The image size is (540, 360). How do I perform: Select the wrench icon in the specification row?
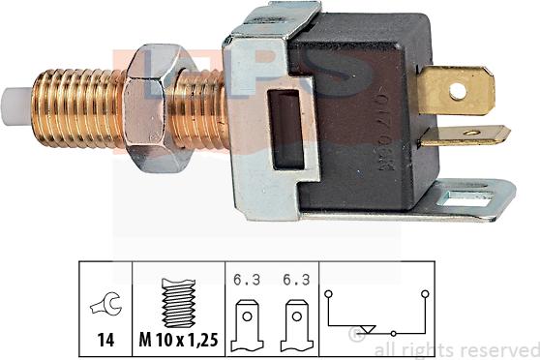[103, 307]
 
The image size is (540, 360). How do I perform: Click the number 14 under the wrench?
[103, 342]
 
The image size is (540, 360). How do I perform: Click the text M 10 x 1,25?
[177, 342]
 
